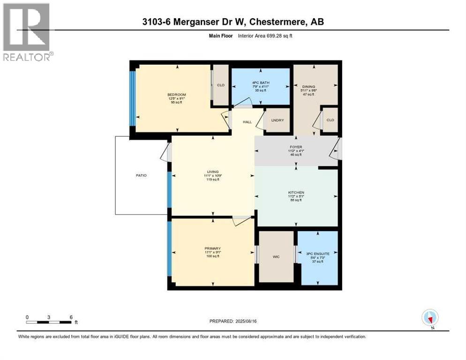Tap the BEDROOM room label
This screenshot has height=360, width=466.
click(x=177, y=95)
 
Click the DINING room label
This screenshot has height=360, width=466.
click(x=308, y=86)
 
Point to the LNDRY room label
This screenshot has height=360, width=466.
click(x=277, y=120)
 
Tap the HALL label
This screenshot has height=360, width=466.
click(x=247, y=122)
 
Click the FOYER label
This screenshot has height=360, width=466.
click(x=296, y=147)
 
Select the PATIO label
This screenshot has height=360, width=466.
click(x=141, y=175)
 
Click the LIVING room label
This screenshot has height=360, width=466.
click(x=213, y=172)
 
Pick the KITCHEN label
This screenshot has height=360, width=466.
click(x=296, y=193)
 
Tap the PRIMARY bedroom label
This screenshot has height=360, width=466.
click(x=212, y=248)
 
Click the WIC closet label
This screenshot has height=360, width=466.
click(x=276, y=256)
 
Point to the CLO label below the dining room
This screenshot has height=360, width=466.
click(x=330, y=120)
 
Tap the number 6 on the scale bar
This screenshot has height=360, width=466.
click(x=71, y=317)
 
